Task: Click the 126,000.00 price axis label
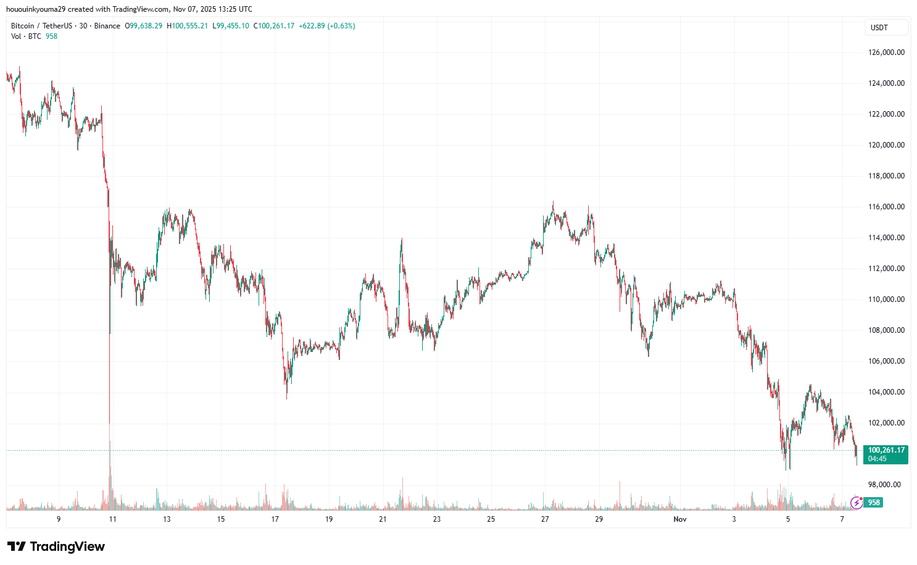(886, 52)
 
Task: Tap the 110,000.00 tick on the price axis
(886, 299)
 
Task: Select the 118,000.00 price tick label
(886, 176)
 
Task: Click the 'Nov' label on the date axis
(680, 519)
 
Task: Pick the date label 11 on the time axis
(113, 519)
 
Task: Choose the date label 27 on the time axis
(545, 519)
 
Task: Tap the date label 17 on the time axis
(275, 519)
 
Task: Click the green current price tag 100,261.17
(886, 450)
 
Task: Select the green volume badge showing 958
(874, 503)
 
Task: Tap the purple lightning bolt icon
(857, 503)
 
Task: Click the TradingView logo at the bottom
(56, 546)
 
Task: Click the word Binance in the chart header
(107, 26)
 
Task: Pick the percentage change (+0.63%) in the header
(341, 26)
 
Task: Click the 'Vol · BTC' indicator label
(26, 36)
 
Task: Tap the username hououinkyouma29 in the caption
(35, 9)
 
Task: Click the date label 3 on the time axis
(734, 519)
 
